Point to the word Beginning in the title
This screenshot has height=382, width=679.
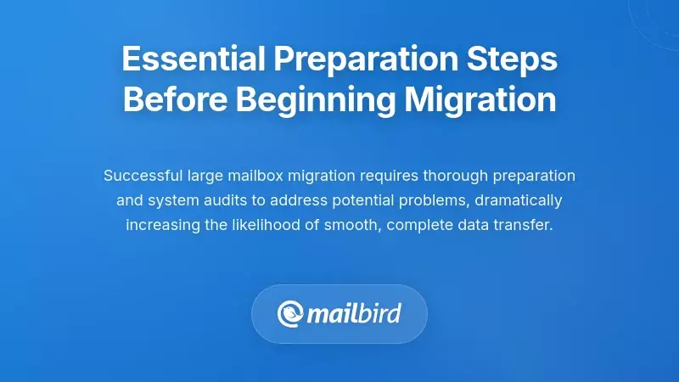pyautogui.click(x=315, y=100)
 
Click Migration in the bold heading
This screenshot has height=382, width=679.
pyautogui.click(x=480, y=100)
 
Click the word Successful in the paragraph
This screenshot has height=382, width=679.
pyautogui.click(x=141, y=176)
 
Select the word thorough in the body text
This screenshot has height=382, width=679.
pyautogui.click(x=454, y=176)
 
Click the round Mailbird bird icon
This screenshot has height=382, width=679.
pyautogui.click(x=291, y=314)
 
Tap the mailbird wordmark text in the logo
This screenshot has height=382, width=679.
pyautogui.click(x=354, y=314)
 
